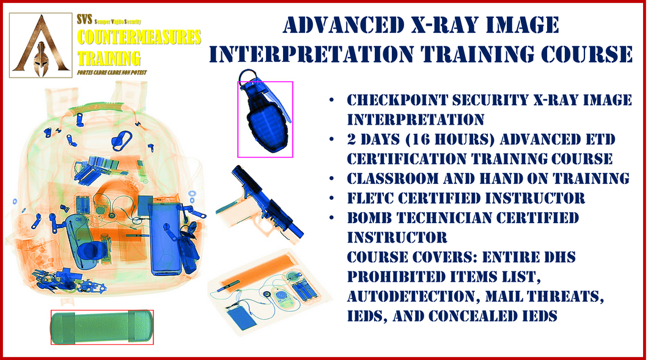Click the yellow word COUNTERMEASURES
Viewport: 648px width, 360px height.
click(x=139, y=37)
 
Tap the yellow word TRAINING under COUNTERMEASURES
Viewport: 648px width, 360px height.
click(x=109, y=58)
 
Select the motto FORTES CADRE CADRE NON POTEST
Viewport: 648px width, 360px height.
click(x=112, y=73)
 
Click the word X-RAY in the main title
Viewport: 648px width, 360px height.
click(x=445, y=25)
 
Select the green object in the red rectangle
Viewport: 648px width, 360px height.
click(x=101, y=327)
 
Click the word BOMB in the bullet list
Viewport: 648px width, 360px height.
click(x=367, y=218)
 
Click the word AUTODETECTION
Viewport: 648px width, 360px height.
click(x=413, y=297)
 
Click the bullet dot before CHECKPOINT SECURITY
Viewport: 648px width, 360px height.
click(x=331, y=100)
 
